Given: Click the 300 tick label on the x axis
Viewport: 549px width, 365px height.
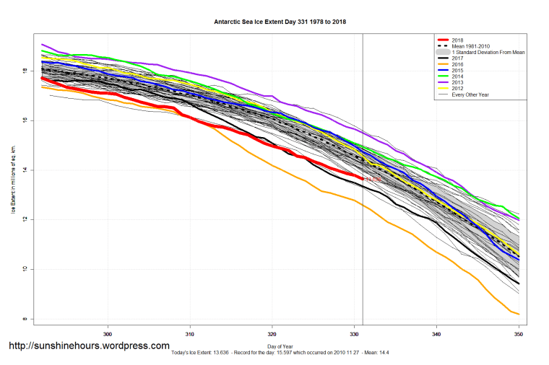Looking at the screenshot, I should click(108, 334).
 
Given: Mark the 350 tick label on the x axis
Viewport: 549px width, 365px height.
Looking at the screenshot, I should click(519, 334).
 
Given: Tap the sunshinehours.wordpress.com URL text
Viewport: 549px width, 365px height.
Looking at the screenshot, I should click(89, 346).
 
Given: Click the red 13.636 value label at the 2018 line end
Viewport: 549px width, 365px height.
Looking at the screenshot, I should click(371, 179).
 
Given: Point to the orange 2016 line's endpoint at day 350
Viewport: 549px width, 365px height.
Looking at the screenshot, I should click(519, 314).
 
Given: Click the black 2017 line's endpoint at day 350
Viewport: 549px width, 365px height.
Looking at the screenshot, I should click(519, 283).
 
